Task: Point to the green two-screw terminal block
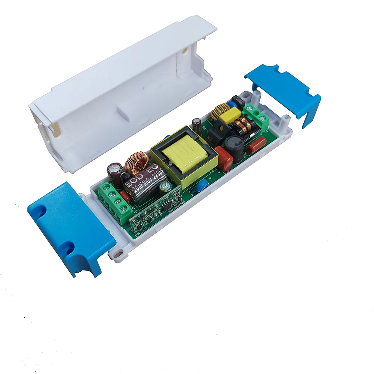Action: [258, 114]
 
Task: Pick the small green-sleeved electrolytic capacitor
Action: [163, 188]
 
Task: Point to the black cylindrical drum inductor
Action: [233, 144]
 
